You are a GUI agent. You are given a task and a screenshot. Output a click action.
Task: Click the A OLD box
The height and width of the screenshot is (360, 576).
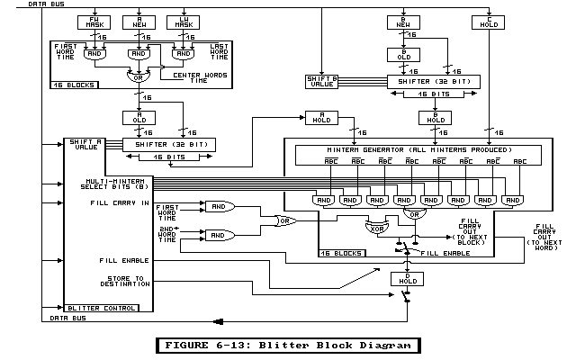[139, 118]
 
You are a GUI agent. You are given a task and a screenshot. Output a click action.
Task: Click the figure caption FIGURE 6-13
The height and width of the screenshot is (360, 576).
[287, 345]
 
